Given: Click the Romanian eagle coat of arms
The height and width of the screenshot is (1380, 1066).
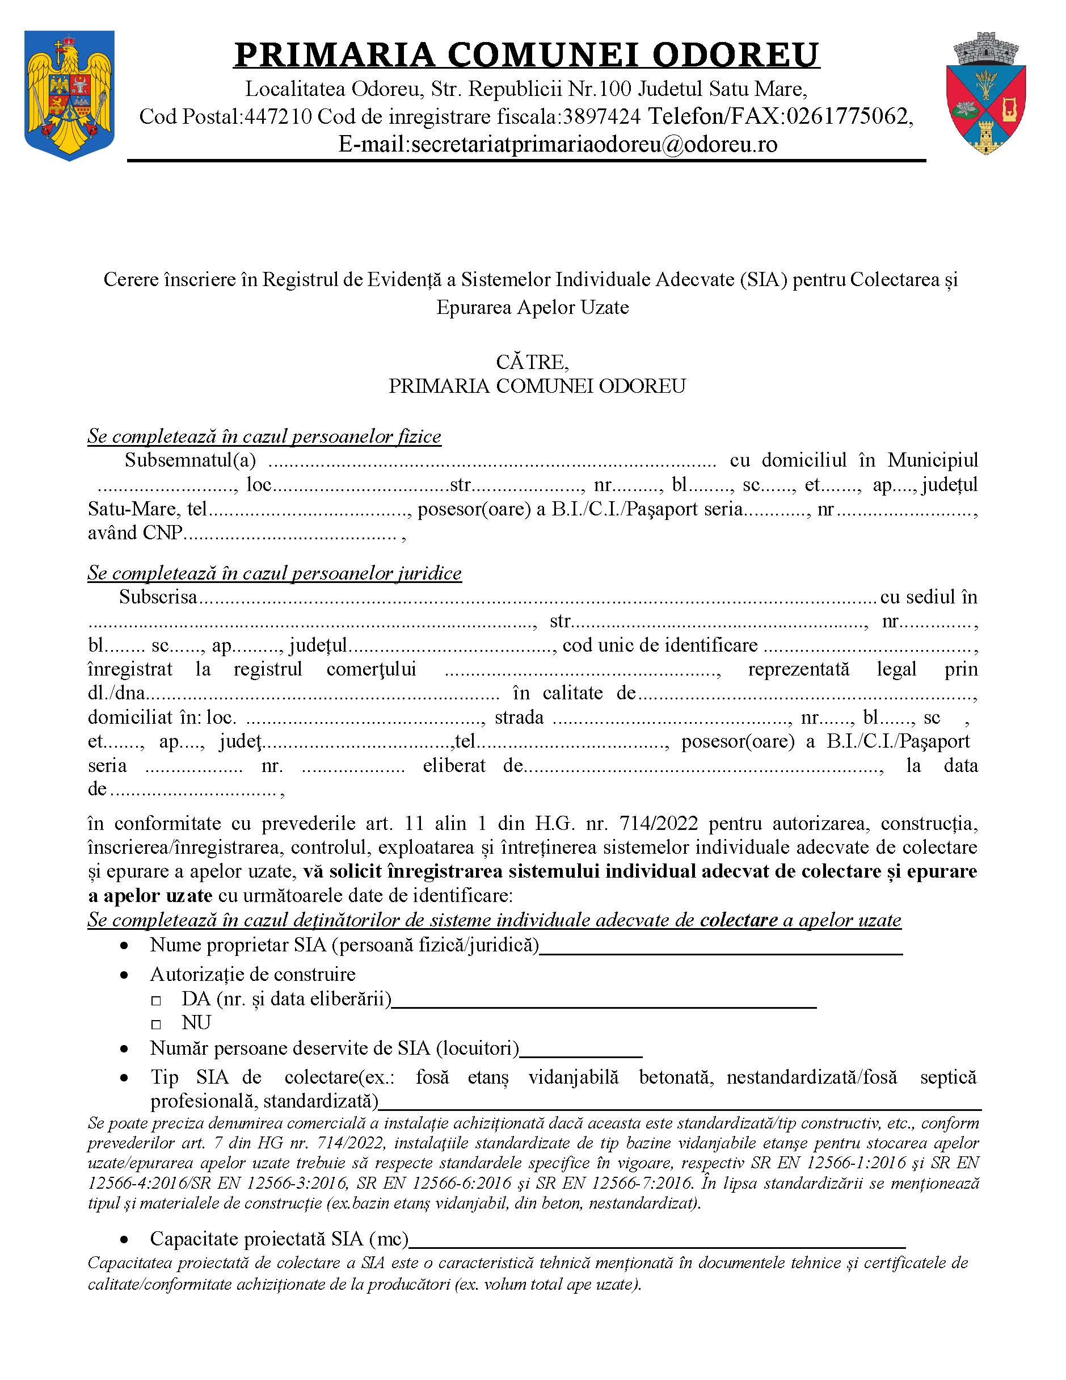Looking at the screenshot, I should [69, 95].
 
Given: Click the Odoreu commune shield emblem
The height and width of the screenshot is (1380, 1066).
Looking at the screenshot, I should [986, 94].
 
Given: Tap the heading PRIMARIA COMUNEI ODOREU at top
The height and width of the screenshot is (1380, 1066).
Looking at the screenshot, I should [526, 54].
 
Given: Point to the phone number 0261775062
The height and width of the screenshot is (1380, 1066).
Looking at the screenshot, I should [847, 117].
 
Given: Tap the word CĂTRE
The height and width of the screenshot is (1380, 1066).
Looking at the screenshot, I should [532, 362].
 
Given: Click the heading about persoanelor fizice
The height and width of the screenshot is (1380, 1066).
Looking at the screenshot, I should [264, 437].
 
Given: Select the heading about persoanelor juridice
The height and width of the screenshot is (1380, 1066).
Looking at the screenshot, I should [275, 573].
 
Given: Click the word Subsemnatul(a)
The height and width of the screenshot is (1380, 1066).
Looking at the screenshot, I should [190, 460].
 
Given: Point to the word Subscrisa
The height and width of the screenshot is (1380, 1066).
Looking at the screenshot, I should [158, 597].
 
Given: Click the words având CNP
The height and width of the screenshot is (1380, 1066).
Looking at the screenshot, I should [134, 532].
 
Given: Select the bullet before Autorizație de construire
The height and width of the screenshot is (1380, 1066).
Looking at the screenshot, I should [125, 975].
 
